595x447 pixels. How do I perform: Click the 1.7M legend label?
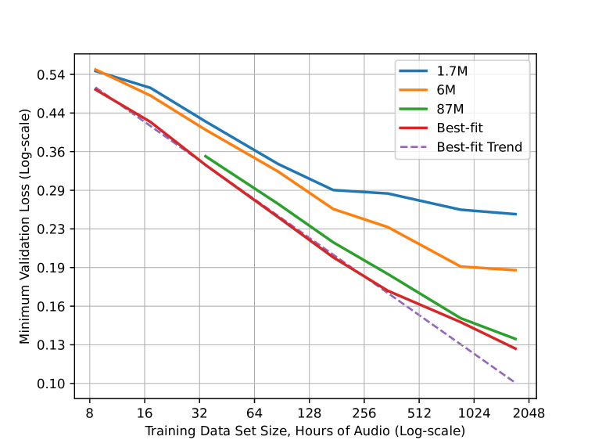[452, 71]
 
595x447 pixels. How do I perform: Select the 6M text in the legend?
[446, 90]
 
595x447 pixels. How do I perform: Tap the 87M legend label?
[450, 109]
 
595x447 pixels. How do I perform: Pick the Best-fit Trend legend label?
[479, 147]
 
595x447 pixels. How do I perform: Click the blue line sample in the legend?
[414, 71]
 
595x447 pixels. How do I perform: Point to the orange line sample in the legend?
[414, 90]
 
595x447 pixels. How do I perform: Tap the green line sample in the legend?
[414, 109]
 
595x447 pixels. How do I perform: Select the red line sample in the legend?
[414, 128]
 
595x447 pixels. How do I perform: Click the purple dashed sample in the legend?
[414, 147]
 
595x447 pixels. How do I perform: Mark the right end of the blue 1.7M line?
[516, 214]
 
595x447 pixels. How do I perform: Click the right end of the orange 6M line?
[516, 269]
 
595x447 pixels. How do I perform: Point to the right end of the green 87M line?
[516, 339]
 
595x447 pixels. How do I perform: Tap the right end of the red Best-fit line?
[516, 348]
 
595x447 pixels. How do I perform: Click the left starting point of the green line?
[205, 156]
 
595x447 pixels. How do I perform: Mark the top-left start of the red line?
[95, 88]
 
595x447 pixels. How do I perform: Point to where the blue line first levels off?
[333, 189]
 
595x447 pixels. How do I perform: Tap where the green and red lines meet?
[461, 319]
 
